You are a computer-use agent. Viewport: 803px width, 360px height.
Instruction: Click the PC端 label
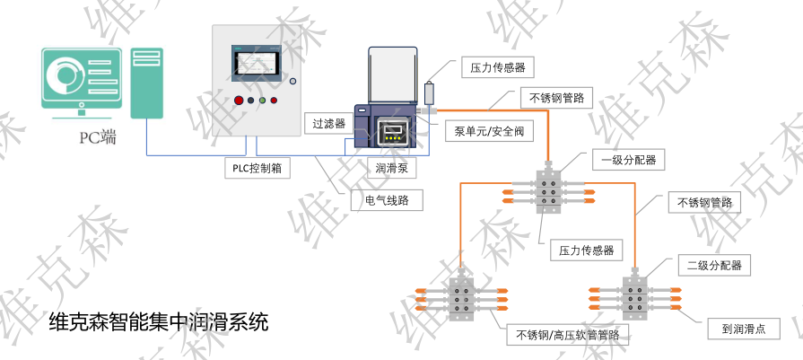(97, 137)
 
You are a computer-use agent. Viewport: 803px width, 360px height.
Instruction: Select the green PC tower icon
(147, 83)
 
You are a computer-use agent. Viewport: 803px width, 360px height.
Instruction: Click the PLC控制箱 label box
(257, 168)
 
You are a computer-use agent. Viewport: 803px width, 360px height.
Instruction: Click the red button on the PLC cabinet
(239, 101)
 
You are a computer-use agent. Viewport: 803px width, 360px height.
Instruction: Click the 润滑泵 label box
(389, 168)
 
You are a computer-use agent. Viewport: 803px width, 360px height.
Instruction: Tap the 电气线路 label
(386, 201)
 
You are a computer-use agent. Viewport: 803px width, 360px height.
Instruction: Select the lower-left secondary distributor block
(463, 297)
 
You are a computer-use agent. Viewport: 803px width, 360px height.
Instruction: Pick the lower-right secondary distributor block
(637, 297)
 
